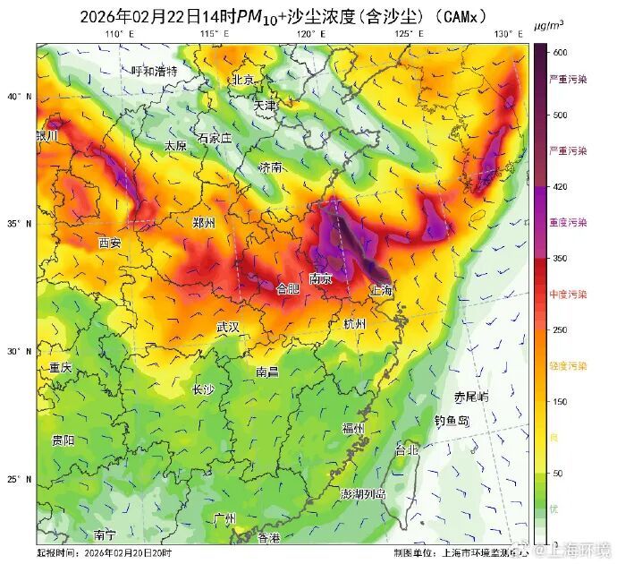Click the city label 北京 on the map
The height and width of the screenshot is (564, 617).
pyautogui.click(x=243, y=80)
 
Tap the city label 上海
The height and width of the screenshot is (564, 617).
pyautogui.click(x=382, y=290)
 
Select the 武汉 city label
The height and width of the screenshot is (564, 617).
pyautogui.click(x=228, y=328)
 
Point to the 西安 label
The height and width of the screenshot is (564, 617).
pyautogui.click(x=109, y=243)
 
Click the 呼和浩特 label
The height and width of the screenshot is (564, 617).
pyautogui.click(x=154, y=71)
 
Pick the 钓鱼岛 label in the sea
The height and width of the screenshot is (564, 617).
pyautogui.click(x=452, y=420)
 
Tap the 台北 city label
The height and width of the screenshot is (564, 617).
pyautogui.click(x=406, y=449)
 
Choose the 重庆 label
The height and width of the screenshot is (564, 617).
pyautogui.click(x=60, y=368)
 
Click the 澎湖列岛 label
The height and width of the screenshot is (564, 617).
pyautogui.click(x=363, y=494)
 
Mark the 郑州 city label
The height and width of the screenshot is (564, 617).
pyautogui.click(x=205, y=223)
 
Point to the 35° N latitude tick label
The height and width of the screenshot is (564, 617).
pyautogui.click(x=21, y=224)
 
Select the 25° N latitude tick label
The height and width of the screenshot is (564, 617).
pyautogui.click(x=21, y=480)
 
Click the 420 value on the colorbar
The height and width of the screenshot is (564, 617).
pyautogui.click(x=560, y=186)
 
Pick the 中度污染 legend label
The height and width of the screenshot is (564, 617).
pyautogui.click(x=568, y=295)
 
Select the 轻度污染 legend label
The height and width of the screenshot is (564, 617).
pyautogui.click(x=568, y=366)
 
